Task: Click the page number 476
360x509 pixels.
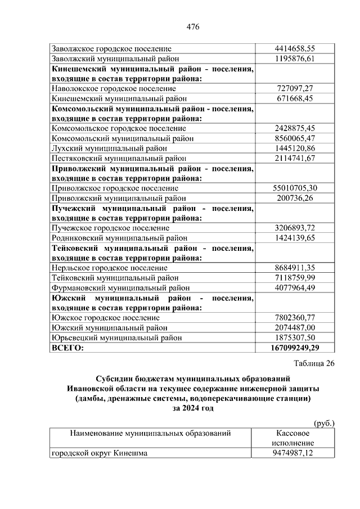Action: coord(193,26)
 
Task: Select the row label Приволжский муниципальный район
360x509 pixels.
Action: coord(118,199)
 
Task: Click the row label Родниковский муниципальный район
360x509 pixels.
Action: coord(119,238)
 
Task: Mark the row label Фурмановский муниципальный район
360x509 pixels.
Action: coord(120,288)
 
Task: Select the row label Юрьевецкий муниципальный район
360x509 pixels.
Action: coord(116,337)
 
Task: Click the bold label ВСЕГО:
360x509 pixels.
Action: coord(67,348)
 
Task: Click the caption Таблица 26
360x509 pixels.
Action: coord(314,363)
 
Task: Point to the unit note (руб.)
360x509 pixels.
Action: coord(323,422)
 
